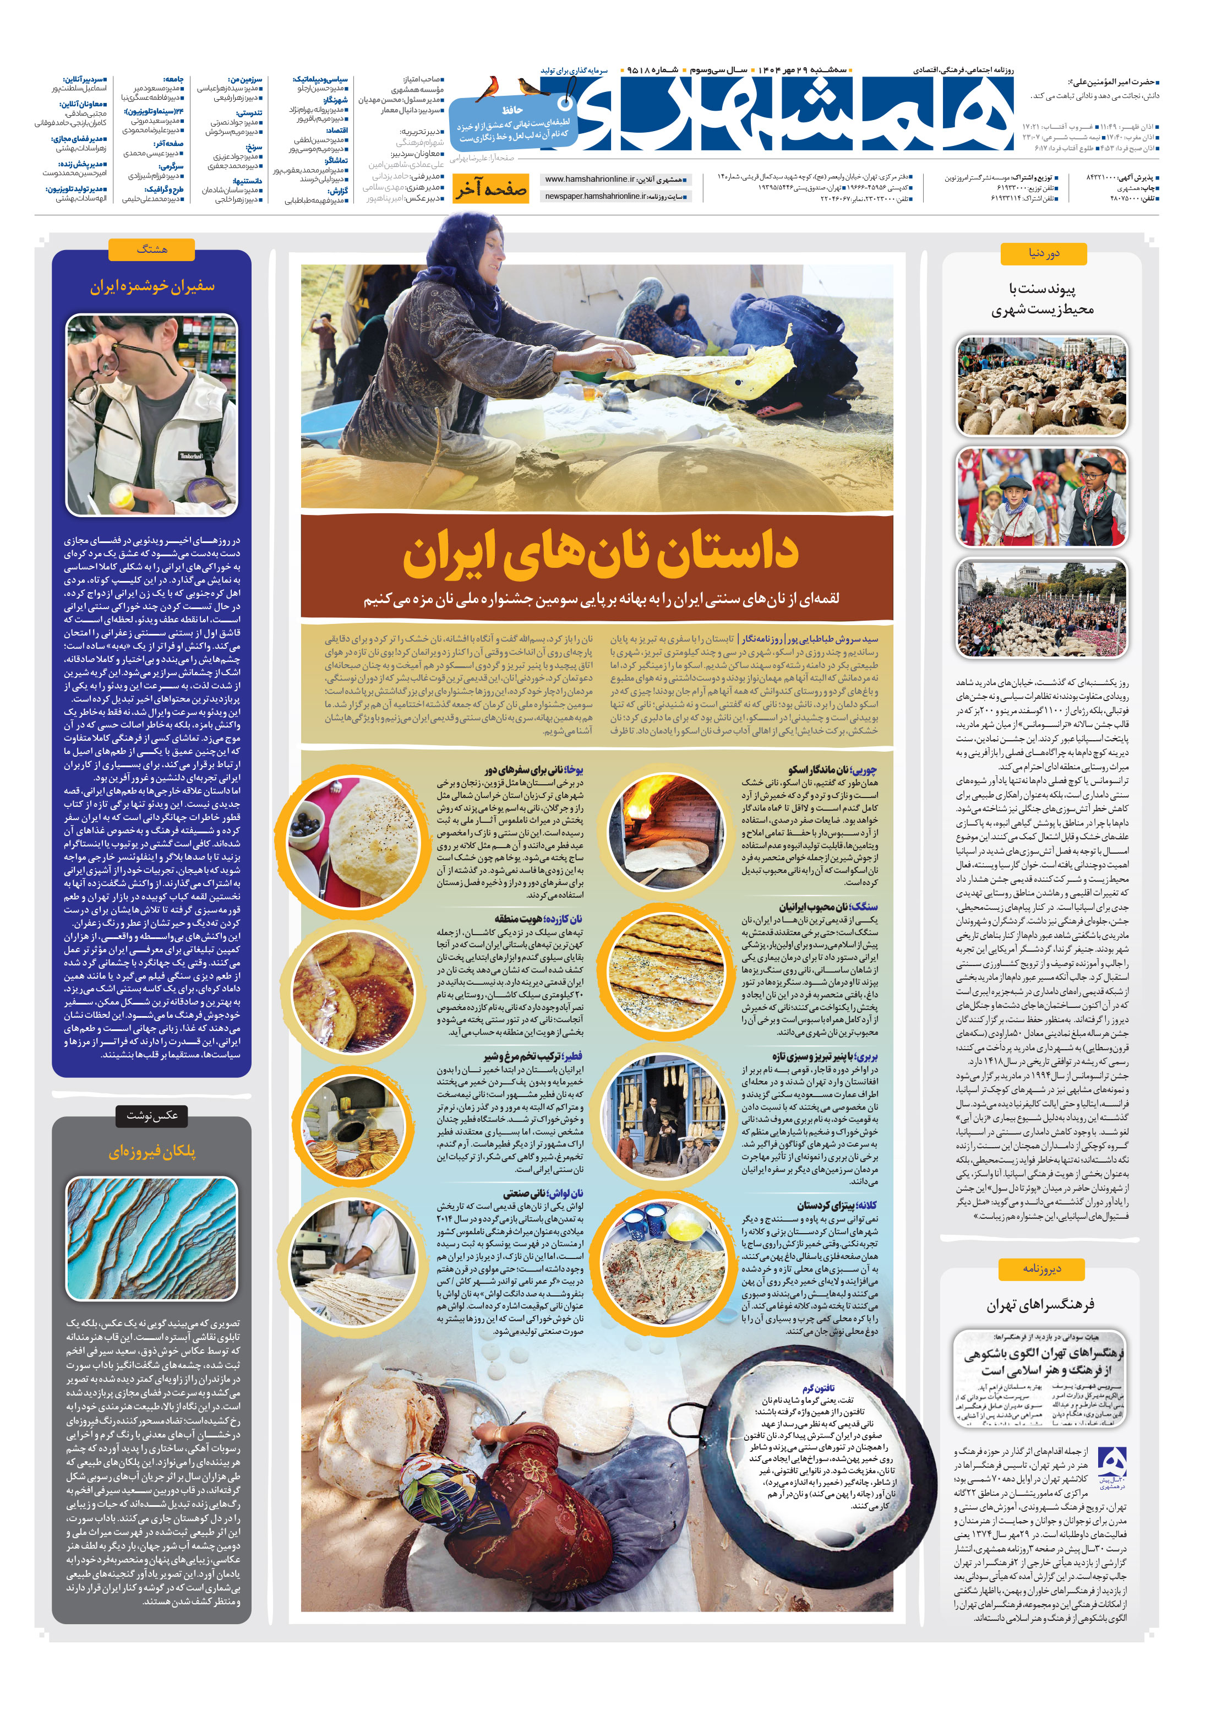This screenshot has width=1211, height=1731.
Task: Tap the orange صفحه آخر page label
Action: pos(490,190)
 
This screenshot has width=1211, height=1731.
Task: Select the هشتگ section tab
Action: pos(151,249)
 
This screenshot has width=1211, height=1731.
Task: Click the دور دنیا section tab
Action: pos(1044,253)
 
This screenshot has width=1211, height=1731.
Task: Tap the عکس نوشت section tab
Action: pos(151,1115)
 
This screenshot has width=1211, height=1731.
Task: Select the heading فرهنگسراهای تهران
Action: pos(1041,1304)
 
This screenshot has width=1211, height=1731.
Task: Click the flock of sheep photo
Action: pos(1042,387)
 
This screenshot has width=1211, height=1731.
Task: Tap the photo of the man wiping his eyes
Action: pos(151,415)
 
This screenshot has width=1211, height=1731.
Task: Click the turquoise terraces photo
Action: pos(151,1238)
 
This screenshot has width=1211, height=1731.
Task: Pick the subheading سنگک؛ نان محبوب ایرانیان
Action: pos(827,907)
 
